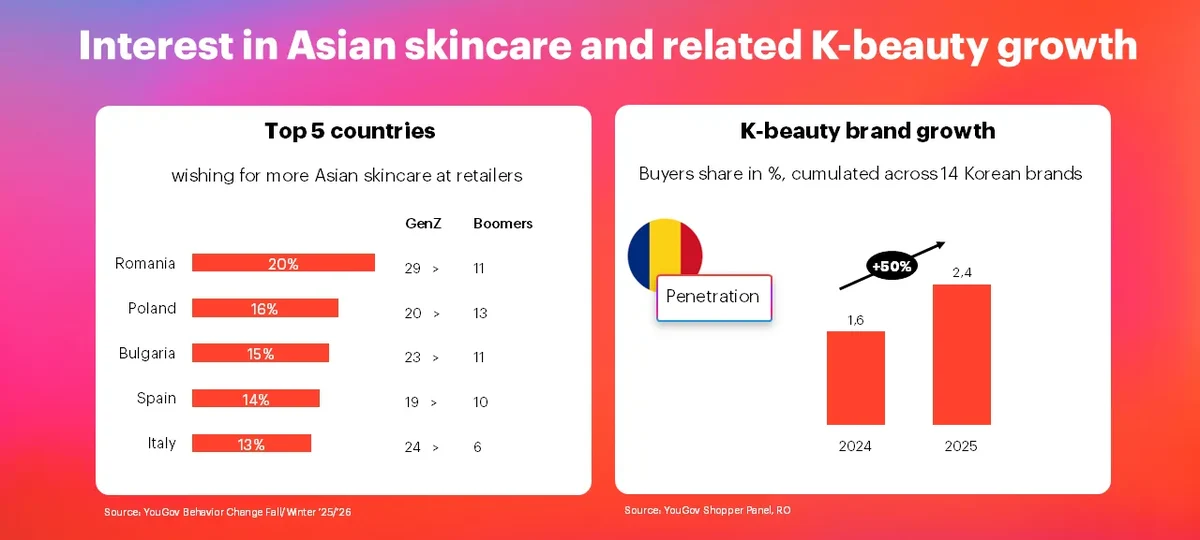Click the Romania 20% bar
[283, 262]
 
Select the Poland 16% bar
[265, 308]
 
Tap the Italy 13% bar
[251, 443]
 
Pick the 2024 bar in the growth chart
[856, 378]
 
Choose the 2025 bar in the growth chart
[962, 355]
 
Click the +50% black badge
[891, 266]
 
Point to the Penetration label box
[714, 298]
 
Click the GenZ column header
[423, 223]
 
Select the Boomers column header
[502, 223]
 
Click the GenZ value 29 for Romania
[412, 268]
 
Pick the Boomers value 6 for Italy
[477, 447]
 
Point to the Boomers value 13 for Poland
[480, 313]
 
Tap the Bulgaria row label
[147, 354]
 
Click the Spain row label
[156, 398]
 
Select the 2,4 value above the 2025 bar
[962, 273]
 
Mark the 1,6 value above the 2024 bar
[856, 320]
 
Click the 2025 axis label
[961, 446]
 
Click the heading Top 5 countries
[350, 131]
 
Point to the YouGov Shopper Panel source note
[707, 510]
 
